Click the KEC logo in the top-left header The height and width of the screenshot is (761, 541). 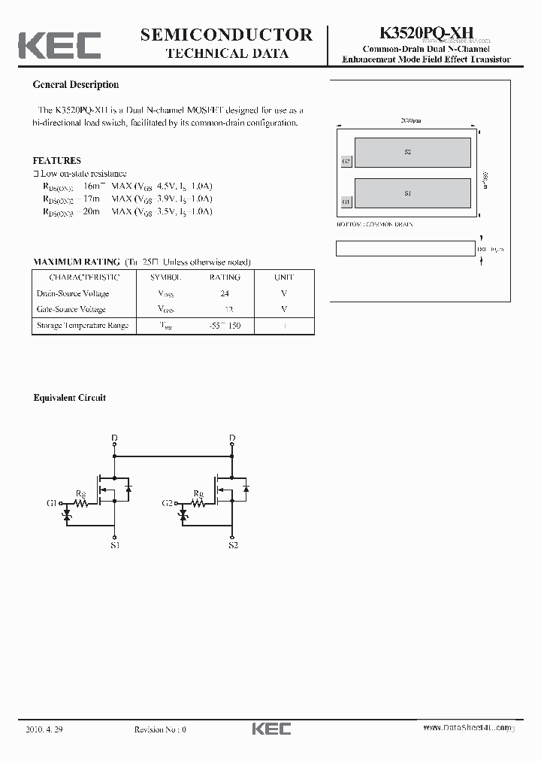point(59,44)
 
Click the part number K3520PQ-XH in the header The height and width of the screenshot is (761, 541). point(426,34)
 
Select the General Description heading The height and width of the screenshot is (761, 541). point(76,85)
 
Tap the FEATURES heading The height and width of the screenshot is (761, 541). point(57,160)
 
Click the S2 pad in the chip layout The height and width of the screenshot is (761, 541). point(408,152)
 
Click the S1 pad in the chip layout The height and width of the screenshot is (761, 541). point(408,193)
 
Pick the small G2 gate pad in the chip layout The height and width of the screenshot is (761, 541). point(346,161)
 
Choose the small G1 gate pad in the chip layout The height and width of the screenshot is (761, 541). point(346,202)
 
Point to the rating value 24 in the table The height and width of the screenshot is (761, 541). point(225,293)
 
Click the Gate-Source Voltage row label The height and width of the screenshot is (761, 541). point(71,309)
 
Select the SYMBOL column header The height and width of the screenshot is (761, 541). point(166,277)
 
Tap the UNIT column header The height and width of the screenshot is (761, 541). point(284,277)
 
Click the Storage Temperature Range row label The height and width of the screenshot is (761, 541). point(83,326)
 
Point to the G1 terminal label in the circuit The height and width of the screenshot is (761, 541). point(52,502)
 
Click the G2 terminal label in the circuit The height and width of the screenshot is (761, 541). point(168,502)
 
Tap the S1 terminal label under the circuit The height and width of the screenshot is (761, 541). point(114,545)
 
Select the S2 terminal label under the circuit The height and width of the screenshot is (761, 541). point(233,545)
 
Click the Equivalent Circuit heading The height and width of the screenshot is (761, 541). point(70,398)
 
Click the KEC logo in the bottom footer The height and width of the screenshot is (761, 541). point(270,729)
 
